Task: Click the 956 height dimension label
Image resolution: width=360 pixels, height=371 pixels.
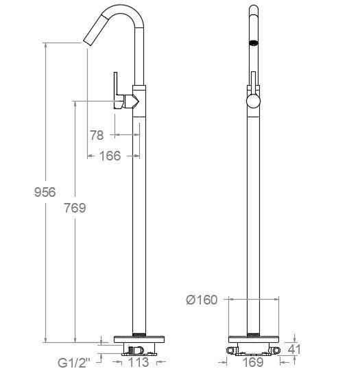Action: [45, 192]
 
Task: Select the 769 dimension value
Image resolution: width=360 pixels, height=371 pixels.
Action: [75, 208]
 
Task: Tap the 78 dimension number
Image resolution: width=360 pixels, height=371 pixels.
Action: [97, 135]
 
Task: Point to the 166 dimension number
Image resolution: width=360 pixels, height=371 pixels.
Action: [110, 156]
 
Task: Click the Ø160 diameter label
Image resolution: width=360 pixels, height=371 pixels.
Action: [202, 300]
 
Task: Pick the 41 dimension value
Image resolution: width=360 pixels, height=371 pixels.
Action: [294, 349]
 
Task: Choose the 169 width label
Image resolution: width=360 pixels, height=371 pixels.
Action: [253, 362]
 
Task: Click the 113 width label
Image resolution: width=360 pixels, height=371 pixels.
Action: [139, 362]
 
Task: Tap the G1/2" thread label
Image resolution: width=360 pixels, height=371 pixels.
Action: [74, 363]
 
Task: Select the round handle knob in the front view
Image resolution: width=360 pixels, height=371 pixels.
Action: [253, 101]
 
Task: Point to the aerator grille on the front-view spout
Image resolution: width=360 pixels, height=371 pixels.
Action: [254, 43]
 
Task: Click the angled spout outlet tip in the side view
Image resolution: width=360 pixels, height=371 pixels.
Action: [88, 40]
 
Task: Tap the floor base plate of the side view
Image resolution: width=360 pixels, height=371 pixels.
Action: [139, 339]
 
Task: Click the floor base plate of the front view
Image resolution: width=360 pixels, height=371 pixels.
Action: [254, 339]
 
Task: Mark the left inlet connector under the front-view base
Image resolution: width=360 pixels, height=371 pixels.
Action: [231, 350]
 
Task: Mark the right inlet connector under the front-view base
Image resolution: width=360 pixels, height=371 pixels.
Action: [276, 350]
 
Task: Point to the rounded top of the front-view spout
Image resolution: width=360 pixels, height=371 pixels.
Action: [254, 10]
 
